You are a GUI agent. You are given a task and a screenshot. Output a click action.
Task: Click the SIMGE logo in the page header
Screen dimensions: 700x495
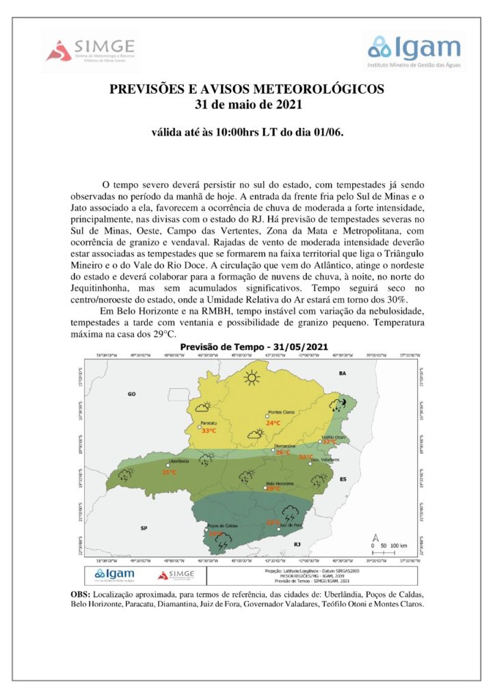(92, 51)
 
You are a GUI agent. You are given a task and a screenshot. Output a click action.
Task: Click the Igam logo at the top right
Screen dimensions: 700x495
(414, 49)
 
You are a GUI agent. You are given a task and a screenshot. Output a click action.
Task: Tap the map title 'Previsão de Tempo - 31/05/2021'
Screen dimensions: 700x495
(247, 347)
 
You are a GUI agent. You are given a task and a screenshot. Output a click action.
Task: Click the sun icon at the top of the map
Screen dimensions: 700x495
(253, 376)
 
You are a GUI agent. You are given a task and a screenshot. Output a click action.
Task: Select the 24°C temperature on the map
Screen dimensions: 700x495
(273, 423)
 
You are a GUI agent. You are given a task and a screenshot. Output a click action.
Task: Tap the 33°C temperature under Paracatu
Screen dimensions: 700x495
(209, 431)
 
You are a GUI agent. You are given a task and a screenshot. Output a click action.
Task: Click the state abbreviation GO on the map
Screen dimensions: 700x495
(133, 394)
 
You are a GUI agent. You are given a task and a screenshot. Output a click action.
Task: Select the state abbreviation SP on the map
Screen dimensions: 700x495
(144, 528)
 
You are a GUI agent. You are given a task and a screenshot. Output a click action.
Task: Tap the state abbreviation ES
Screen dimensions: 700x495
(345, 479)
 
